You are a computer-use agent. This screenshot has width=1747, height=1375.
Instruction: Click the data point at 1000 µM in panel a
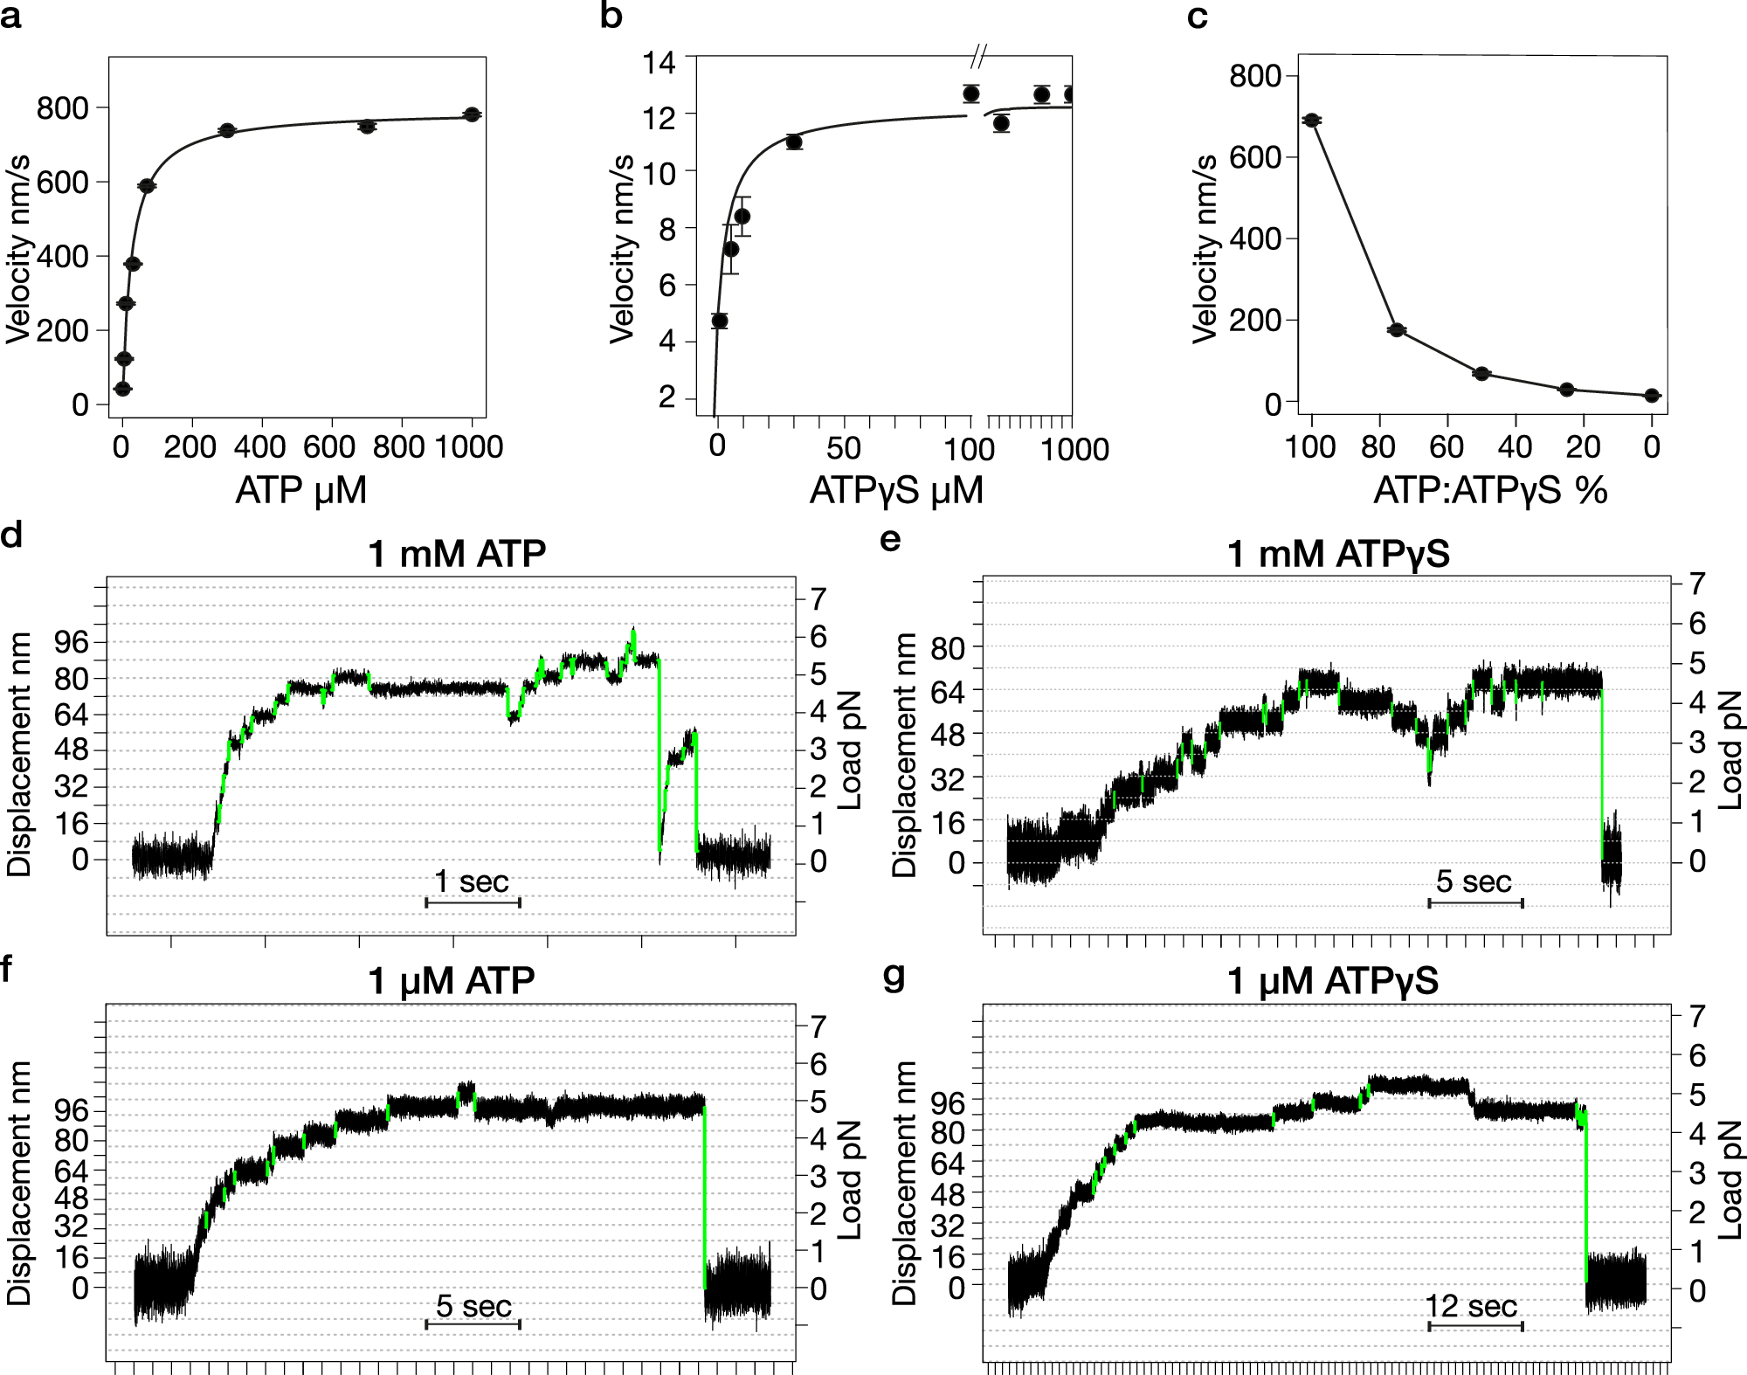472,114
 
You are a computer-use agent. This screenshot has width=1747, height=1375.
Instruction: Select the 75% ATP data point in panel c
1396,329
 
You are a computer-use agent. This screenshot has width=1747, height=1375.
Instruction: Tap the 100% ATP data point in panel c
1311,120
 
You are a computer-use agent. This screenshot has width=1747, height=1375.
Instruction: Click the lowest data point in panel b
720,321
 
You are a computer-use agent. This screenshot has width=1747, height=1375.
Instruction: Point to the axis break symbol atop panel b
978,59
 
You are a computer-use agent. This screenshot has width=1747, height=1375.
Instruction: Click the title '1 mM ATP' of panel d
457,554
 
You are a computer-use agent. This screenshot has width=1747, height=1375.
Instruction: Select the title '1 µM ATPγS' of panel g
1332,981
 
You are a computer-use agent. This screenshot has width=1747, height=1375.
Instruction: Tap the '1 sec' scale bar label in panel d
472,881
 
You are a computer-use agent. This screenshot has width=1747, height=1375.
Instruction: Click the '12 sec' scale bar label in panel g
1471,1306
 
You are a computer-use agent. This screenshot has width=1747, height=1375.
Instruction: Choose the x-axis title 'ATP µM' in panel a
300,490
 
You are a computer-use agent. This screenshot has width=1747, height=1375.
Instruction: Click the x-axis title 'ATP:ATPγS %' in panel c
1490,490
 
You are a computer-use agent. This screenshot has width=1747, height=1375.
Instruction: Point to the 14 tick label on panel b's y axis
659,63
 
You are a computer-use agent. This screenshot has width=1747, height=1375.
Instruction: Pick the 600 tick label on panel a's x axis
328,447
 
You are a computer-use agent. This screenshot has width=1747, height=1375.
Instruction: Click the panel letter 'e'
889,539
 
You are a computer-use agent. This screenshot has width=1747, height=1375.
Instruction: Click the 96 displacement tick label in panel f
71,1111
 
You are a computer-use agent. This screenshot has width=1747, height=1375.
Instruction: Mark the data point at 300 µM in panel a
227,130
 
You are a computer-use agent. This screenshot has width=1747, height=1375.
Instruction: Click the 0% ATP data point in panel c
1651,396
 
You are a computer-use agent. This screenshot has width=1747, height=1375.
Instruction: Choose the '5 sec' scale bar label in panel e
1474,881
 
